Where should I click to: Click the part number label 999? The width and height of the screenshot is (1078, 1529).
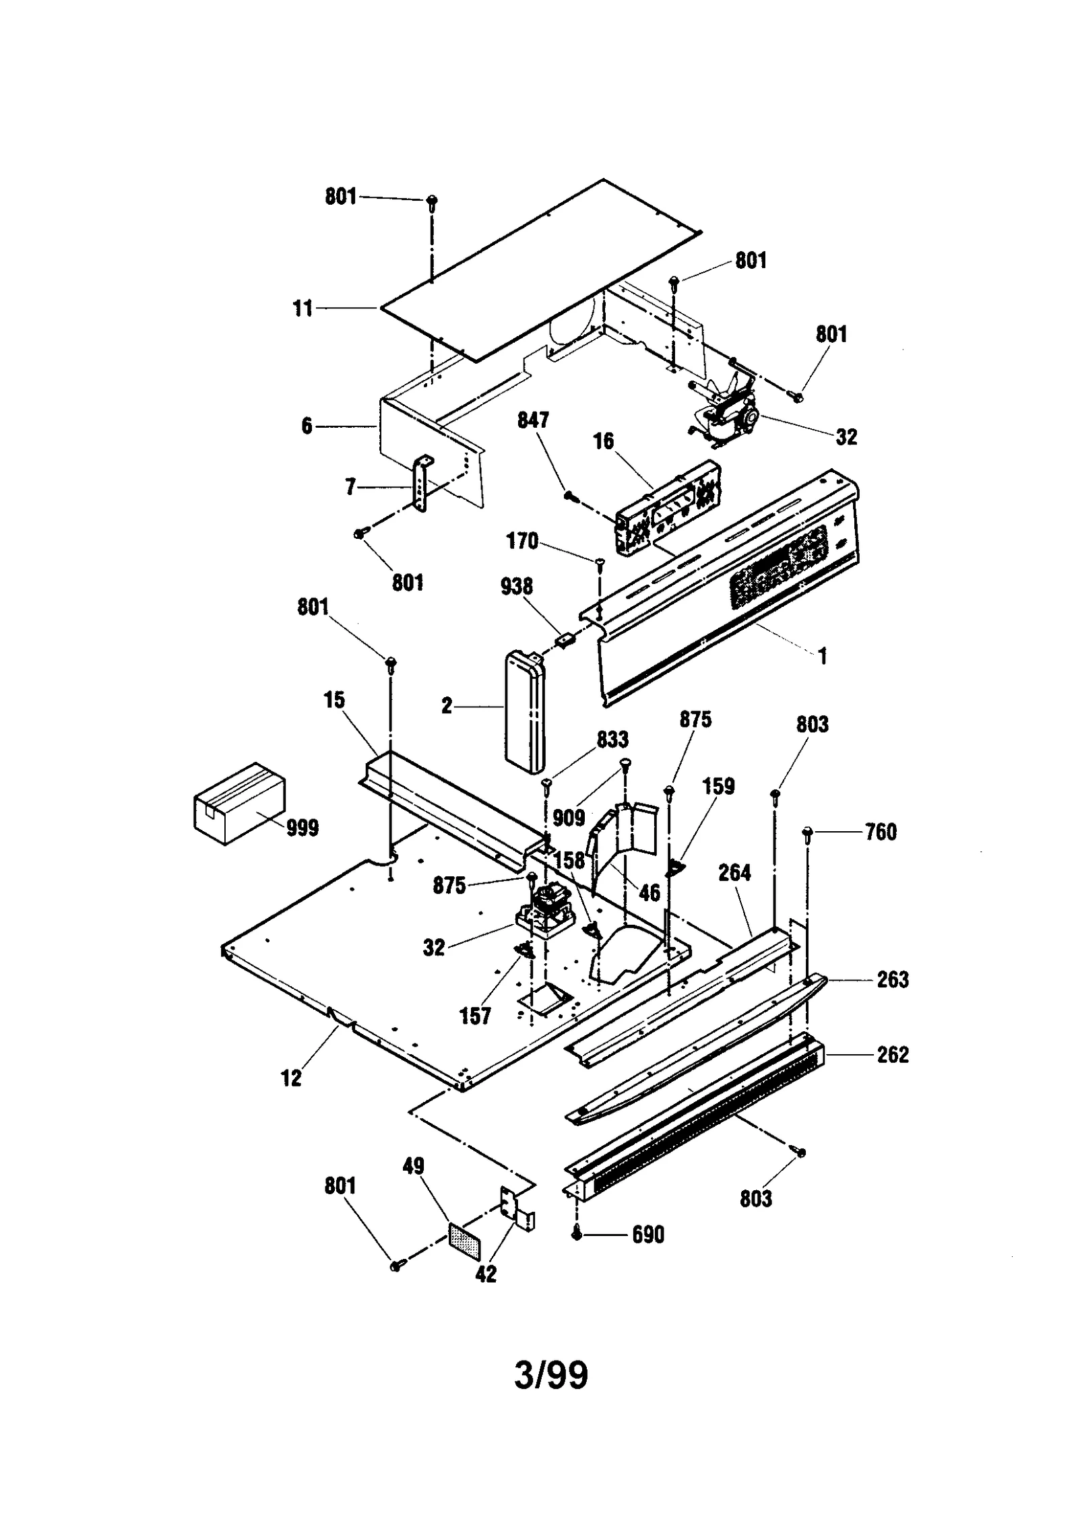pyautogui.click(x=303, y=828)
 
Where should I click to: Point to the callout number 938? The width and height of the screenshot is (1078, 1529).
pyautogui.click(x=517, y=587)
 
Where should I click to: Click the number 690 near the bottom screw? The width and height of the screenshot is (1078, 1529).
pyautogui.click(x=647, y=1235)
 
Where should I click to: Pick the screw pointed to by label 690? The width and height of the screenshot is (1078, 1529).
pyautogui.click(x=577, y=1234)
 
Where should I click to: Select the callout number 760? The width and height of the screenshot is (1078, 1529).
pyautogui.click(x=881, y=832)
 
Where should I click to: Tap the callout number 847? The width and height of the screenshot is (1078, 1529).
pyautogui.click(x=533, y=420)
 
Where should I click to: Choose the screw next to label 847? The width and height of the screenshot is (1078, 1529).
pyautogui.click(x=571, y=496)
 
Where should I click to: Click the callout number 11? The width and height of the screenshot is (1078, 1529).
pyautogui.click(x=303, y=308)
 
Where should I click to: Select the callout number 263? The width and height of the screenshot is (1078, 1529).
pyautogui.click(x=893, y=979)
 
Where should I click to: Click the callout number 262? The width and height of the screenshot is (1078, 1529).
pyautogui.click(x=893, y=1054)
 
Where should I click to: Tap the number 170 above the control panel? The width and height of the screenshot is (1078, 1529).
pyautogui.click(x=522, y=541)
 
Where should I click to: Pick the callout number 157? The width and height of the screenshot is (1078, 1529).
pyautogui.click(x=475, y=1016)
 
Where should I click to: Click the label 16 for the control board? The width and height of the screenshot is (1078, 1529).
pyautogui.click(x=603, y=441)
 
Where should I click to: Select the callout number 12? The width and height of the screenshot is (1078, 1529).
pyautogui.click(x=291, y=1078)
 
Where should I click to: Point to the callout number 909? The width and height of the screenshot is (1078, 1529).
pyautogui.click(x=569, y=818)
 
